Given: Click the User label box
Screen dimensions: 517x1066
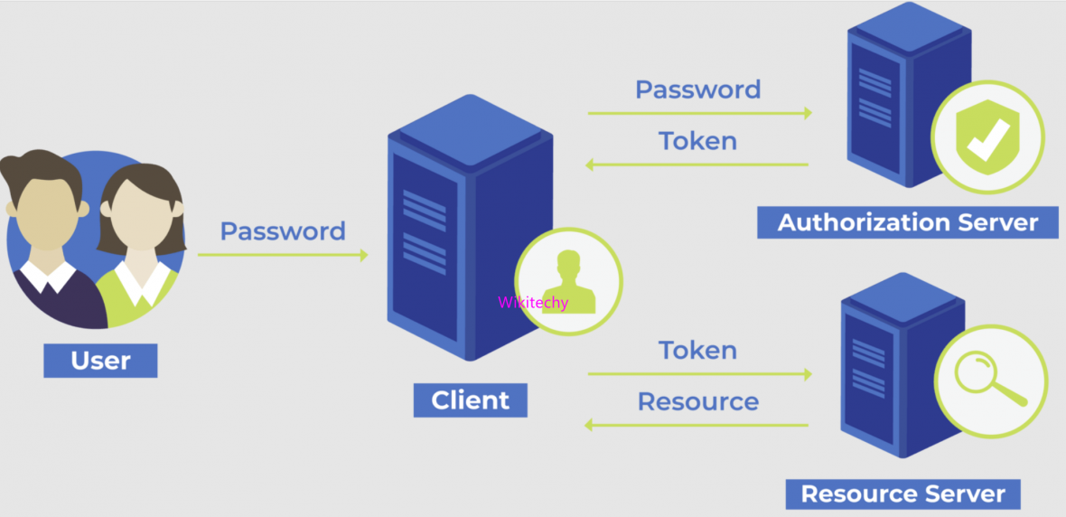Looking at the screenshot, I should pyautogui.click(x=100, y=361).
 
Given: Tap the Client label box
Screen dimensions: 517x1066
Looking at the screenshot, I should pyautogui.click(x=470, y=399).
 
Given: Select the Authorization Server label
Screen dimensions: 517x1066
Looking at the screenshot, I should pyautogui.click(x=907, y=221).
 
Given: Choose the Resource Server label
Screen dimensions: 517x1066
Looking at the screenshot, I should pyautogui.click(x=902, y=493).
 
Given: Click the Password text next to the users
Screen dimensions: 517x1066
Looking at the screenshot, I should pyautogui.click(x=283, y=231).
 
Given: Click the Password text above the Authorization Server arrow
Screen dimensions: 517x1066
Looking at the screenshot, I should pyautogui.click(x=697, y=89).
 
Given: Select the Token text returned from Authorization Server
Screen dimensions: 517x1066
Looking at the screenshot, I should pyautogui.click(x=697, y=141).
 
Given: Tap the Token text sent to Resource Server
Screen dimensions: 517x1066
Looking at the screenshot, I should pyautogui.click(x=697, y=350).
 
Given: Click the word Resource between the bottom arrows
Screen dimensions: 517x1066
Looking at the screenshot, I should pyautogui.click(x=697, y=400).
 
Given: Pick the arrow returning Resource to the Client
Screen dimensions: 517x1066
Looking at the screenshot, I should pyautogui.click(x=697, y=424).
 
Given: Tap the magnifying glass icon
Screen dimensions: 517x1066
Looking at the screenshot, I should pyautogui.click(x=991, y=376).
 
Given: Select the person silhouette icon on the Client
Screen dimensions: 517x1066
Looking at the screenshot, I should pyautogui.click(x=568, y=280).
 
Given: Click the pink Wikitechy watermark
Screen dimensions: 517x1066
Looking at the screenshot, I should pyautogui.click(x=533, y=303).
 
